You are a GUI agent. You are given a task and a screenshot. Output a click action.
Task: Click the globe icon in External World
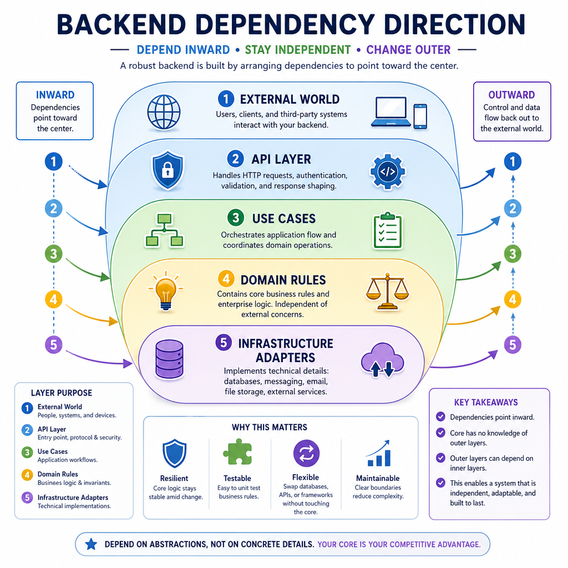point(164,112)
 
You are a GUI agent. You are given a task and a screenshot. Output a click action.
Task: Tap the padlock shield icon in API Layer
point(168,170)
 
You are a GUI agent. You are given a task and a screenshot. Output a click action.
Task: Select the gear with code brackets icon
point(388,171)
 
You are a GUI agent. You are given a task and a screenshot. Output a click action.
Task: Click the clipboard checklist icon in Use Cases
point(388,231)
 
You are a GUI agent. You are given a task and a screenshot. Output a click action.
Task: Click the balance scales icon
point(387,291)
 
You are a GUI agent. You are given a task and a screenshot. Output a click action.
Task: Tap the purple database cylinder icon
point(169,359)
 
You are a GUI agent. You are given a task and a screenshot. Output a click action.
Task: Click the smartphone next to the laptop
point(420,116)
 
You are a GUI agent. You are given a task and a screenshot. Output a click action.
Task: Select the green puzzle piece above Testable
point(237,452)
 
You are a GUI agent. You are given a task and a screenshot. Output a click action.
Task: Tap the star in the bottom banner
point(91,544)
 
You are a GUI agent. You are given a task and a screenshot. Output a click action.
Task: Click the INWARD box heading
point(55,95)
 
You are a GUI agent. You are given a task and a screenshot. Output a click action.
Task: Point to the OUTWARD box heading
point(511,95)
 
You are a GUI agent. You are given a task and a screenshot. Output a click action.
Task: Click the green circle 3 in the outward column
point(513,254)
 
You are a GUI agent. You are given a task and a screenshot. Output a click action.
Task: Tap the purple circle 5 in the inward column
point(54,344)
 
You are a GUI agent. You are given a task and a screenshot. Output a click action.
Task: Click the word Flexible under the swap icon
point(306,477)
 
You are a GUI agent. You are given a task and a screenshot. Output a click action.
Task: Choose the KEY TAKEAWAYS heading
point(486,403)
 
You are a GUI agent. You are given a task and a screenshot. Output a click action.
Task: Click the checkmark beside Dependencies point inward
point(440,417)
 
